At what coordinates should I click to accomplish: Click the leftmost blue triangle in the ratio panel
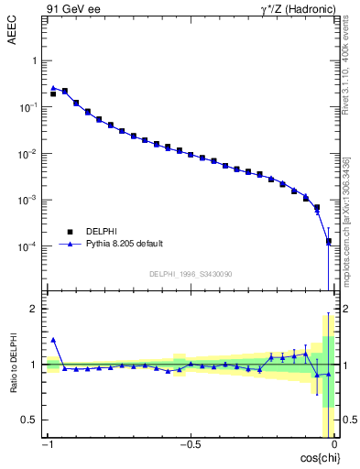point(53,340)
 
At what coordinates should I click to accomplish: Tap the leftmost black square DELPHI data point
point(53,93)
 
